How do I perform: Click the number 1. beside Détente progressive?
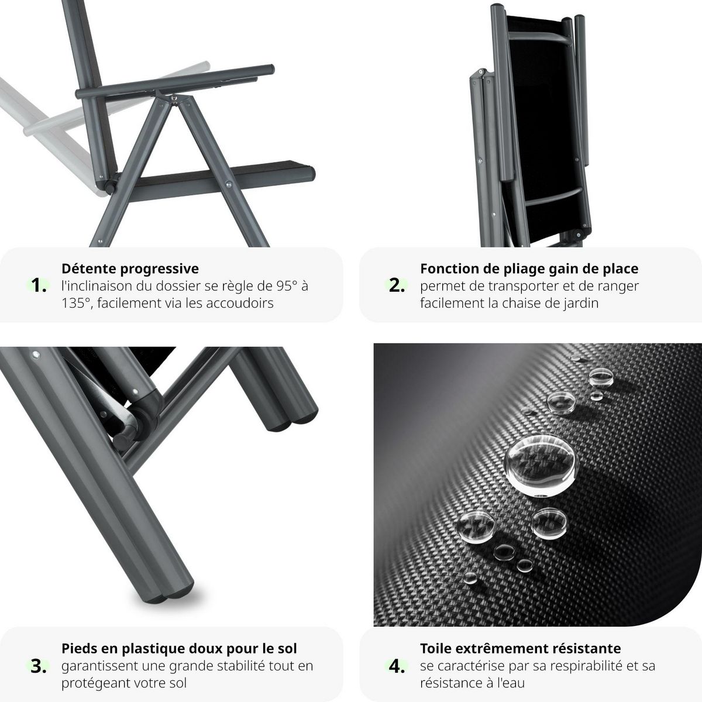(39, 286)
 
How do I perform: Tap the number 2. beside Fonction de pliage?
(397, 286)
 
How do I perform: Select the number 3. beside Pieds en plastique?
(39, 666)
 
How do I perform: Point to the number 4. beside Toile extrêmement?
(397, 666)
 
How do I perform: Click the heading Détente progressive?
(130, 269)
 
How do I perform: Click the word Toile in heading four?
(436, 648)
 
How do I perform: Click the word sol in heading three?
(287, 648)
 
